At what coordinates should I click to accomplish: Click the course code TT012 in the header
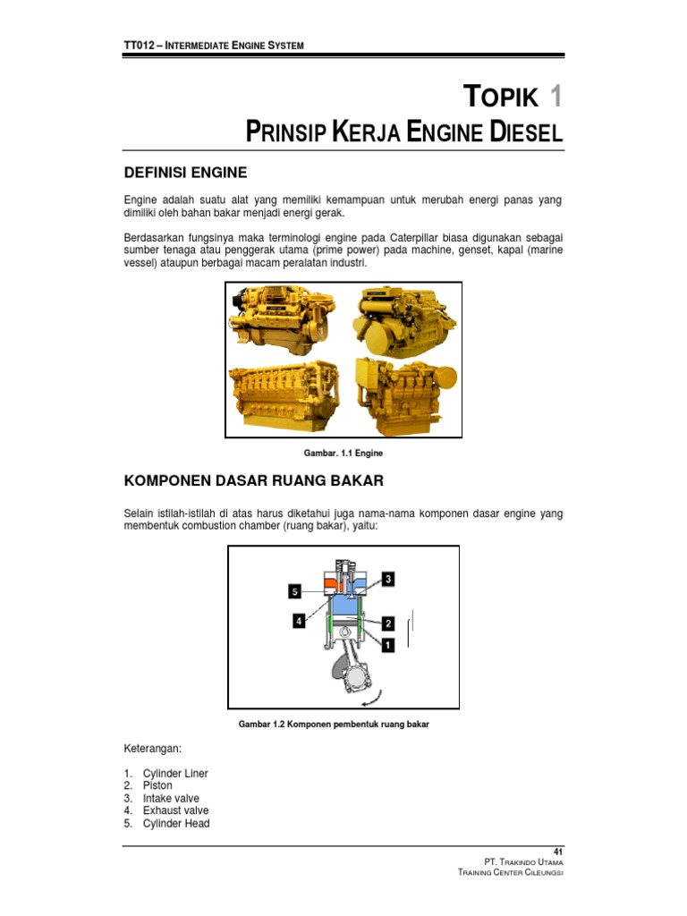tap(139, 46)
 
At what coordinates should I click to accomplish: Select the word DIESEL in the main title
tap(527, 133)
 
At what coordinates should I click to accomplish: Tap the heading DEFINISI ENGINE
tap(184, 172)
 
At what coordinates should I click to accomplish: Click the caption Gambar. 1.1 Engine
tap(343, 454)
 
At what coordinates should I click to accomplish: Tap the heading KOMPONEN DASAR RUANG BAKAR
tap(253, 481)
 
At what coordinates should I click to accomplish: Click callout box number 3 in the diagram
tap(387, 579)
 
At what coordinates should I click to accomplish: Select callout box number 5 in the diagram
tap(295, 590)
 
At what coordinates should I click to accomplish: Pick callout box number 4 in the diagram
tap(299, 621)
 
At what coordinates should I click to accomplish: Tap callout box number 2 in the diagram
tap(388, 623)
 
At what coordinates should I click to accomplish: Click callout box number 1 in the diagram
tap(387, 643)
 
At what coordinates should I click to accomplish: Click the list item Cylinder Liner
tap(174, 773)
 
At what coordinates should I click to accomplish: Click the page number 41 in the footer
tap(558, 850)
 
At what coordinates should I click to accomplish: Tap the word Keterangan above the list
tap(150, 747)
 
